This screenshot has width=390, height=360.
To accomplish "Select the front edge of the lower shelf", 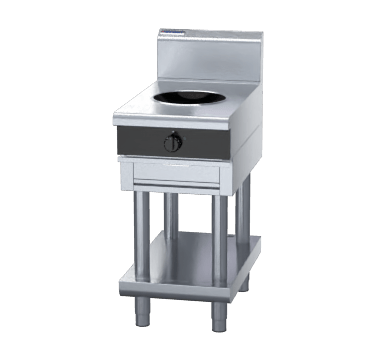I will click(x=175, y=282).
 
